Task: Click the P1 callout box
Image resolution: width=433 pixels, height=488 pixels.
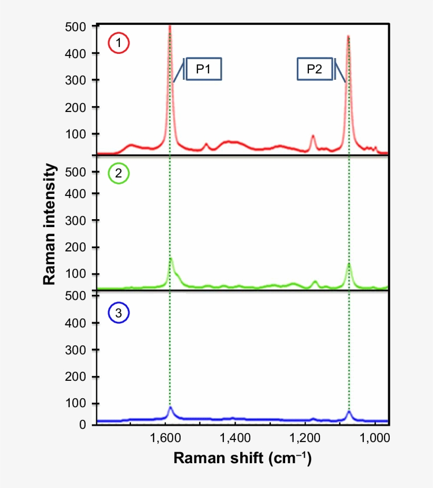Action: click(203, 69)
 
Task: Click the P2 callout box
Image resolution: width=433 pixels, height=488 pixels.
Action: click(314, 69)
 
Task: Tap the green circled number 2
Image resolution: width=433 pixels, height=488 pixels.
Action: click(119, 173)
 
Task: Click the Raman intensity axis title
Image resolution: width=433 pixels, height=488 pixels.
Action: click(50, 224)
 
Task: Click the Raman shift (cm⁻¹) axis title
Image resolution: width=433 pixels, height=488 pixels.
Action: click(242, 458)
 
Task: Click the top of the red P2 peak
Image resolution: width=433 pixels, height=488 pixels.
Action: click(349, 36)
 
